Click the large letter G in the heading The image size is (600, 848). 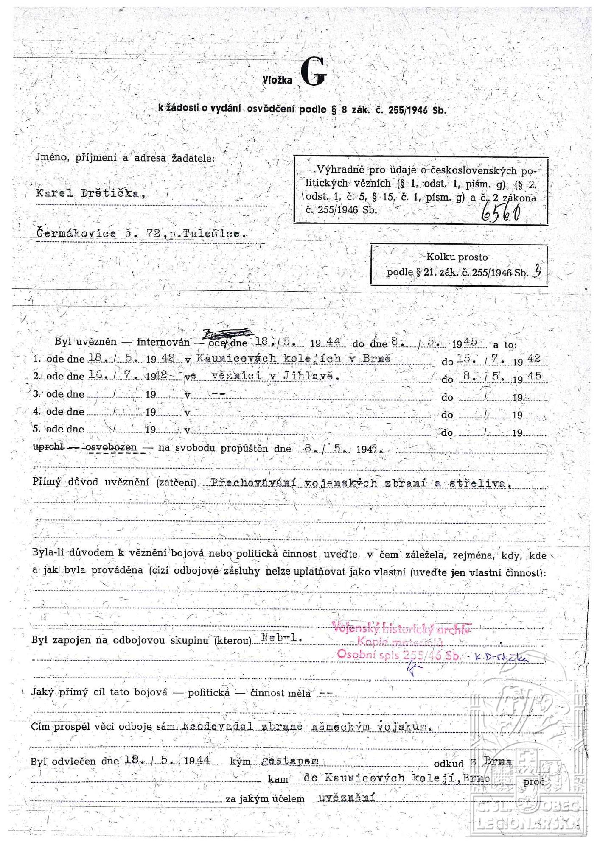(x=314, y=73)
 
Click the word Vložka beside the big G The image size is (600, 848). (x=277, y=80)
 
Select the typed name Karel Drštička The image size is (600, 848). (x=91, y=193)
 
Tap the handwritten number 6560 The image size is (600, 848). (x=501, y=212)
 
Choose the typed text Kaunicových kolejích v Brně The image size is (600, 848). (x=293, y=358)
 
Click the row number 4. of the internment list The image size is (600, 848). (x=37, y=412)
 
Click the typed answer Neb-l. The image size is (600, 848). (x=281, y=637)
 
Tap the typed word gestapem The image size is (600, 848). (x=290, y=761)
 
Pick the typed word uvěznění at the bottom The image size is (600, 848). (x=346, y=798)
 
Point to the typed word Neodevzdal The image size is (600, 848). (x=217, y=726)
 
